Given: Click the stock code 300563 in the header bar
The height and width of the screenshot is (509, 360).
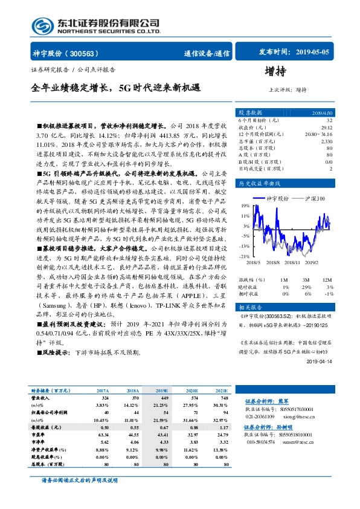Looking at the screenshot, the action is (x=88, y=53).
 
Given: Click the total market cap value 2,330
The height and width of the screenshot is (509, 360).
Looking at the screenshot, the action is (x=327, y=140).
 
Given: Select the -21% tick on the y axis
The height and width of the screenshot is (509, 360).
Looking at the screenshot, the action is (x=243, y=256).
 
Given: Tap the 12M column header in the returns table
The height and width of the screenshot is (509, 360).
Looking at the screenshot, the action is (x=327, y=280).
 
